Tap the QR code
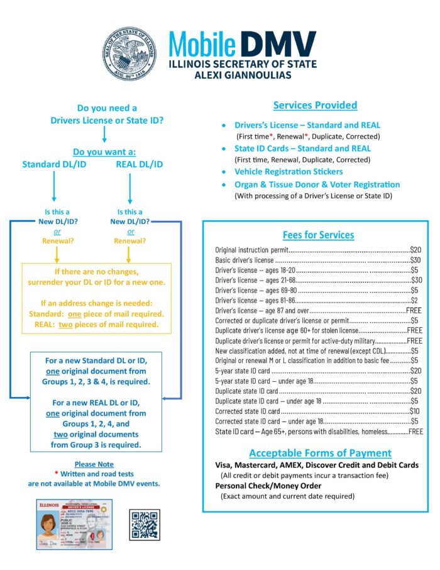145,524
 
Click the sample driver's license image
74,523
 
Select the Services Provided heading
315,105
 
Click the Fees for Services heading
318,235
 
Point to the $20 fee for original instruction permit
415,250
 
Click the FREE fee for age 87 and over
414,311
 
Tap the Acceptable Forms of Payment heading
320,453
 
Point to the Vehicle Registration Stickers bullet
289,171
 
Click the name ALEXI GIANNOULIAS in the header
242,75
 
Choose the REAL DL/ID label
140,164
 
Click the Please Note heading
94,464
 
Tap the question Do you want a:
104,152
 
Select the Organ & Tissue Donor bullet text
317,184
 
